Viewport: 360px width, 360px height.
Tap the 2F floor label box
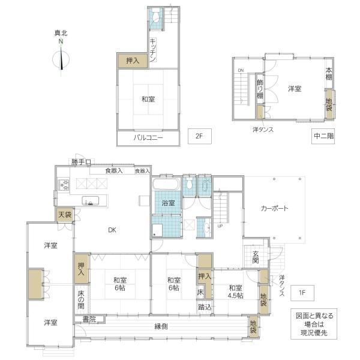pos(200,136)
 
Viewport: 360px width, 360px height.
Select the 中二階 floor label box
pos(323,136)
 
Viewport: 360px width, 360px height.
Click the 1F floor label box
pos(302,293)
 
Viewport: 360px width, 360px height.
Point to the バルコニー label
pos(148,138)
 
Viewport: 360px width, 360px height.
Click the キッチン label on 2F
pos(153,50)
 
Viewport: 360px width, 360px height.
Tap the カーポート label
pos(274,208)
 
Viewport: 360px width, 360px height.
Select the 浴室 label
pos(168,203)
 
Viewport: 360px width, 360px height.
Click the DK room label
pos(112,230)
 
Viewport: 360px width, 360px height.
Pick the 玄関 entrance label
pos(256,257)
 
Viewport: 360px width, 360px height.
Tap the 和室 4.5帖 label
pos(236,292)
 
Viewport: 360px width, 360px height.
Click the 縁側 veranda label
pos(161,326)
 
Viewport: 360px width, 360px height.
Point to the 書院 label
pos(89,319)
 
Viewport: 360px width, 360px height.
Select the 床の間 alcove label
pos(81,299)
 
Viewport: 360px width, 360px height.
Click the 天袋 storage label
pos(65,215)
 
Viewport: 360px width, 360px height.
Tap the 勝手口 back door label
pos(81,163)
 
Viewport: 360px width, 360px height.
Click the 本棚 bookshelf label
pos(329,74)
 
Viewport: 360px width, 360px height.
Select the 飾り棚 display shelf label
pos(260,89)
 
